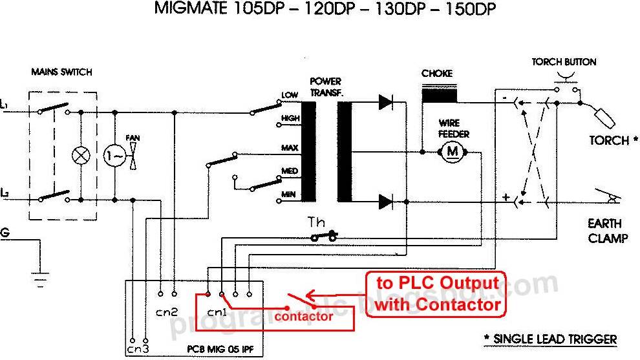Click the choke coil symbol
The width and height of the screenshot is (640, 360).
pos(440,95)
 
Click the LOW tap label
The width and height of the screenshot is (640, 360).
pos(289,96)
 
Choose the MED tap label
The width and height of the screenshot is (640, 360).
pos(288,171)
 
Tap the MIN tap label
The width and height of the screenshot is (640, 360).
pos(288,195)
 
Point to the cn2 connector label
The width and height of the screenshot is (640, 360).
pos(167,312)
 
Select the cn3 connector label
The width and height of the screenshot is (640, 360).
pos(137,349)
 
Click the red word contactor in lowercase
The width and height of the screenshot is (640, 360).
pos(303,317)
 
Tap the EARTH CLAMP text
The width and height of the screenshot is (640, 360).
pos(608,231)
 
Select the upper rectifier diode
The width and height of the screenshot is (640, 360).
pos(386,101)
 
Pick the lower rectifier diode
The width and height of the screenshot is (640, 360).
pos(386,202)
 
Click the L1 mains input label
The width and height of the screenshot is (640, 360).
pos(5,105)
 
